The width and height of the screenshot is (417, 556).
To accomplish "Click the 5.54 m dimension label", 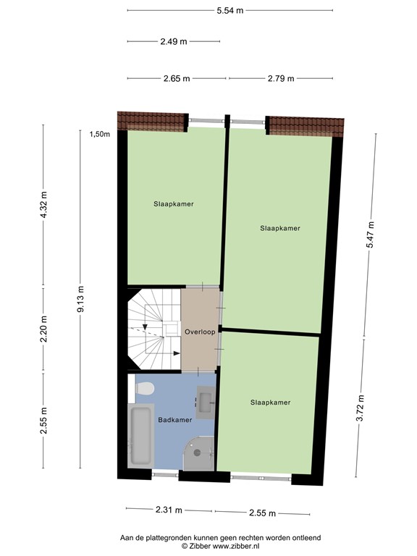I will [x=230, y=10].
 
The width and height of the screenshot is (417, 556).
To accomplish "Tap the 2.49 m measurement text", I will [x=174, y=41].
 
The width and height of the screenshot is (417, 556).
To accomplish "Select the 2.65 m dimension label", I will [x=177, y=78].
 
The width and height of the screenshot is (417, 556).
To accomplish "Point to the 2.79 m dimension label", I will [x=280, y=78].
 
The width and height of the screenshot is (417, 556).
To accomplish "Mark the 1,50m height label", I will [x=99, y=134].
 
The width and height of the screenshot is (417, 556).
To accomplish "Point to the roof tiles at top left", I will [x=152, y=119].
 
